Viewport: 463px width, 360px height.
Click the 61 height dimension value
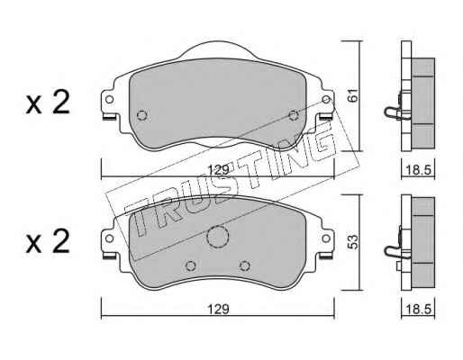[x=353, y=95]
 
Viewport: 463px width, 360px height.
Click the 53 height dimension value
[x=353, y=242]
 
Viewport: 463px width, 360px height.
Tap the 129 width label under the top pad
[x=219, y=170]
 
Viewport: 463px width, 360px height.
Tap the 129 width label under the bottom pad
[x=219, y=309]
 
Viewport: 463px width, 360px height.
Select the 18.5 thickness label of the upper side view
[x=418, y=170]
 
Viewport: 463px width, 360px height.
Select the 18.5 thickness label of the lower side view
[x=418, y=309]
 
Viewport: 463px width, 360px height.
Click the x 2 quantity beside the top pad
[x=48, y=102]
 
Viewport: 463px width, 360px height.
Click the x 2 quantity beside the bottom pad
[x=48, y=241]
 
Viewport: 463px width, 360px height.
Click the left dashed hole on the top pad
[x=142, y=115]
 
